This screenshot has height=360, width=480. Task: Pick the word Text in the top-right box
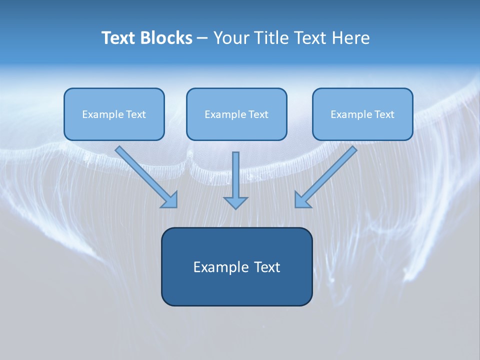click(x=384, y=114)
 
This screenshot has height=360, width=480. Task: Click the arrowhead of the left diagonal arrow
click(x=170, y=200)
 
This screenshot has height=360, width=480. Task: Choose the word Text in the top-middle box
click(x=258, y=114)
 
